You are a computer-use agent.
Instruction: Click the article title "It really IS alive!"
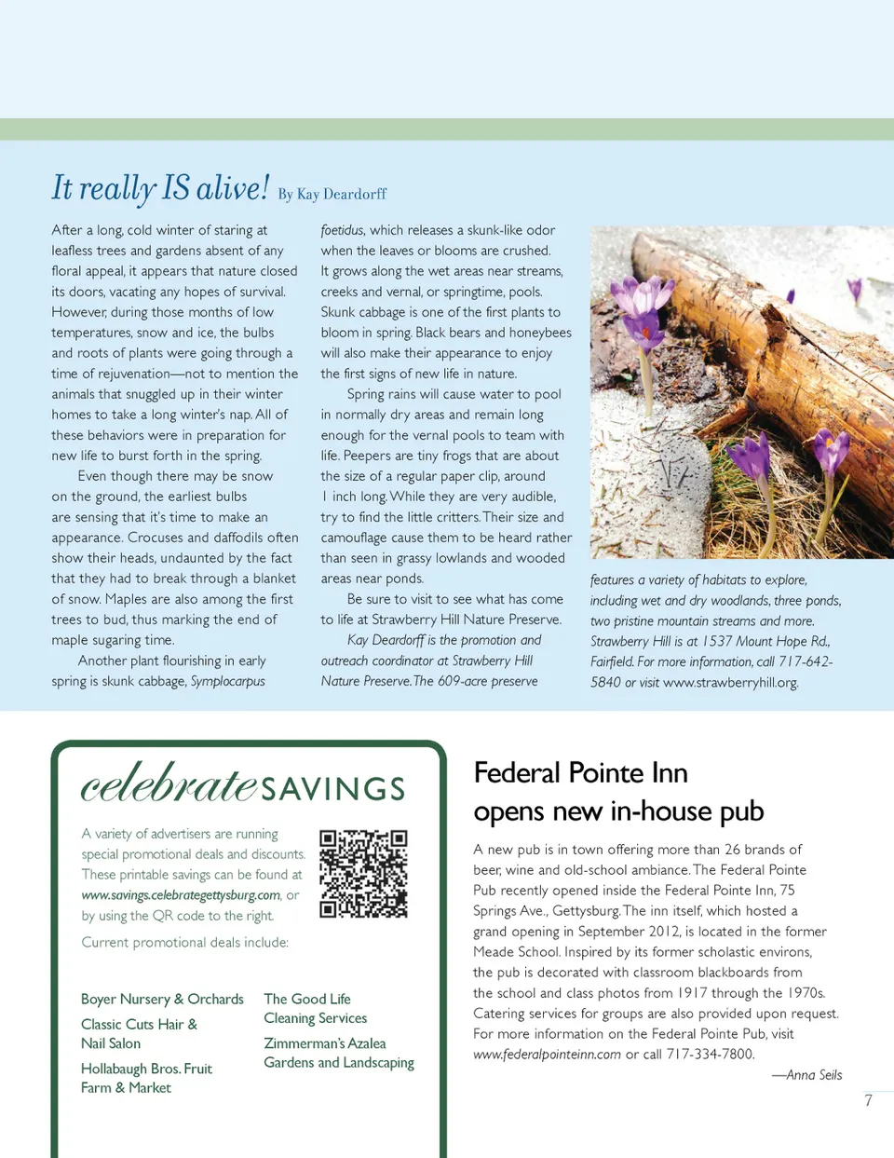(x=160, y=188)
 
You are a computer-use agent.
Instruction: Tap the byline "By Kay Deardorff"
(x=332, y=194)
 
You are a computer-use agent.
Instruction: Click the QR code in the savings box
(x=363, y=874)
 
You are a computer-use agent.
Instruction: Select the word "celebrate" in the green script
(x=169, y=784)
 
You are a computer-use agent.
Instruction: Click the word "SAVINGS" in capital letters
(x=332, y=789)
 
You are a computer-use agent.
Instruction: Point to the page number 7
(x=868, y=1100)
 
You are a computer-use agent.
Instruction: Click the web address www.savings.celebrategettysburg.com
(x=181, y=895)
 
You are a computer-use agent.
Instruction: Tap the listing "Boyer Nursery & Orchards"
(x=162, y=999)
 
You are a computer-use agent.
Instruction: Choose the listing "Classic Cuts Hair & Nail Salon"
(x=139, y=1033)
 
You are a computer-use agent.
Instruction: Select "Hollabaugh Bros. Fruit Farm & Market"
(x=146, y=1078)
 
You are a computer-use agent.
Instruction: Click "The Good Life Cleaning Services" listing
(x=315, y=1008)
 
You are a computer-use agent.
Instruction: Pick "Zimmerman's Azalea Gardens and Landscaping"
(x=338, y=1053)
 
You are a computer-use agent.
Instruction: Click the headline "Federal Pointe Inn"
(x=580, y=773)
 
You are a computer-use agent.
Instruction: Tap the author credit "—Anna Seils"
(x=806, y=1075)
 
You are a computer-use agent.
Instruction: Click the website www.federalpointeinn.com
(x=547, y=1055)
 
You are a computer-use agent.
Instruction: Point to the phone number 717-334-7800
(x=711, y=1055)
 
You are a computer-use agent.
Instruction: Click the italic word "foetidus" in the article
(x=342, y=230)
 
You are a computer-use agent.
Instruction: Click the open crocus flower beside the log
(x=643, y=303)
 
